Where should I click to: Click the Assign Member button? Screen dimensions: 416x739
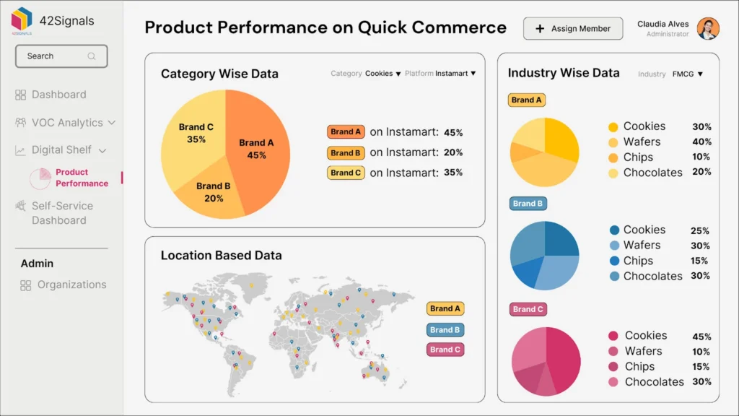click(x=573, y=29)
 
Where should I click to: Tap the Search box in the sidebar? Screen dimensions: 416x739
click(x=61, y=56)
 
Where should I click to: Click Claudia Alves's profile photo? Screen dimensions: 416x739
click(x=708, y=29)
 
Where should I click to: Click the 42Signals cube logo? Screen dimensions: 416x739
click(x=22, y=19)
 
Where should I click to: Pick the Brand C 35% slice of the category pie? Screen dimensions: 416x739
click(x=191, y=137)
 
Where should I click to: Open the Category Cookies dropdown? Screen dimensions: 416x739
click(x=382, y=74)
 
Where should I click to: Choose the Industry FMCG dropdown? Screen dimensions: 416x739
click(x=687, y=74)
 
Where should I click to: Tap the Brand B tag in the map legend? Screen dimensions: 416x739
click(x=445, y=330)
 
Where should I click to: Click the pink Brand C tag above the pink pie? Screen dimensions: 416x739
click(x=528, y=309)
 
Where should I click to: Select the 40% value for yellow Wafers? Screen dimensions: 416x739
click(x=701, y=142)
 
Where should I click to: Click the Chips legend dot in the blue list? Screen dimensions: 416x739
click(x=614, y=261)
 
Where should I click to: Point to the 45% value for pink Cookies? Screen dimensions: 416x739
click(x=701, y=337)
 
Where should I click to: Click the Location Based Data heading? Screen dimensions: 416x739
click(x=221, y=256)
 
